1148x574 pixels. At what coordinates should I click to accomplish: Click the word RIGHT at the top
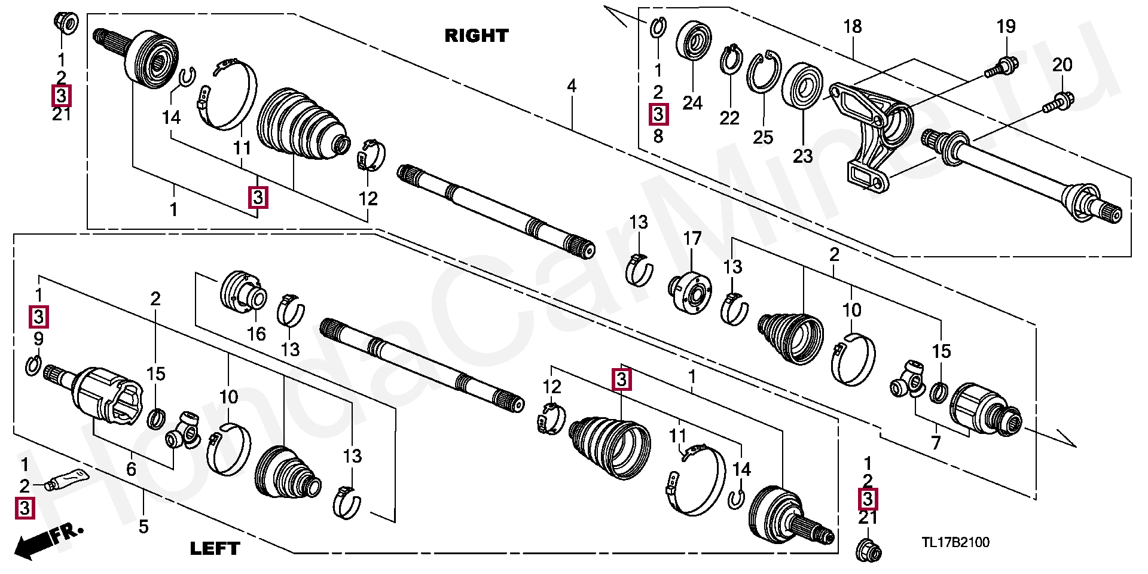476,36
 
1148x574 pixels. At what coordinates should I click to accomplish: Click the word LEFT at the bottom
215,548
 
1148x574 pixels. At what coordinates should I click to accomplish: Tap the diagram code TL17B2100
955,542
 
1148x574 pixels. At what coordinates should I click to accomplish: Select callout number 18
853,27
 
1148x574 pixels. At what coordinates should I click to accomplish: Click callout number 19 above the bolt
1006,27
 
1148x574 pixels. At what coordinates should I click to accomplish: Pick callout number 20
1062,65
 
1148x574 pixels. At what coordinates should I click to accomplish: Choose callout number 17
692,239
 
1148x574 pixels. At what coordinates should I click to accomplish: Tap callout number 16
257,334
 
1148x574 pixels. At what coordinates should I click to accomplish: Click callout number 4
572,86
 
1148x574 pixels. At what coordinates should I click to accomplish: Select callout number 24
692,103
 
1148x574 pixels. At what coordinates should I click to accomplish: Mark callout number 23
802,156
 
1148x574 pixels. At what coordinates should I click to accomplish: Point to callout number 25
763,137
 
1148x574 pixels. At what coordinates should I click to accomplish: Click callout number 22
729,118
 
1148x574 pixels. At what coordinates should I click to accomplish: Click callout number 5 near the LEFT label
143,527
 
